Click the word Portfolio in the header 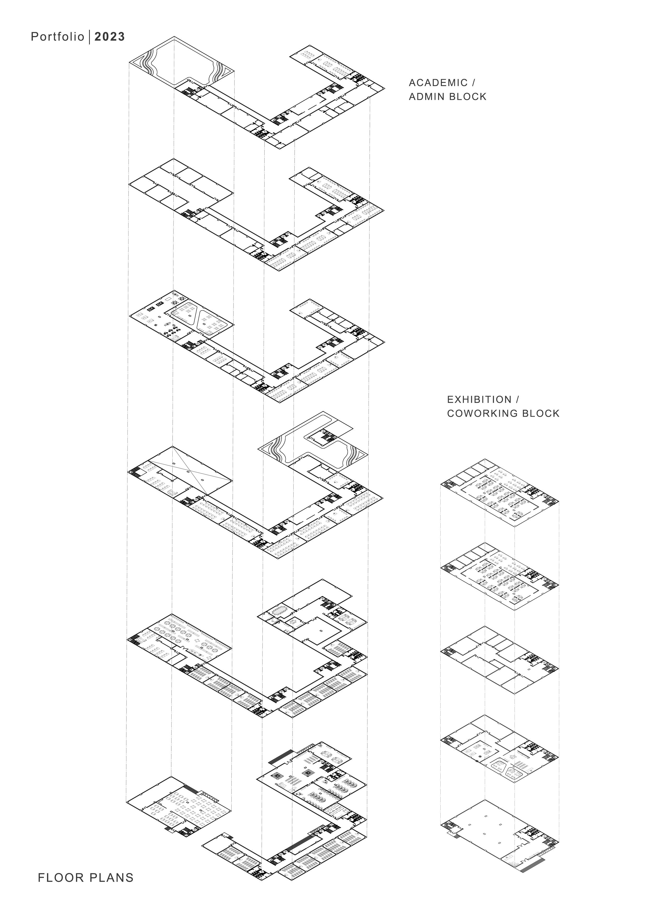click(57, 37)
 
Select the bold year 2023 click(110, 37)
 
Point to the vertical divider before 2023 click(89, 37)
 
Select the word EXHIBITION click(479, 399)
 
